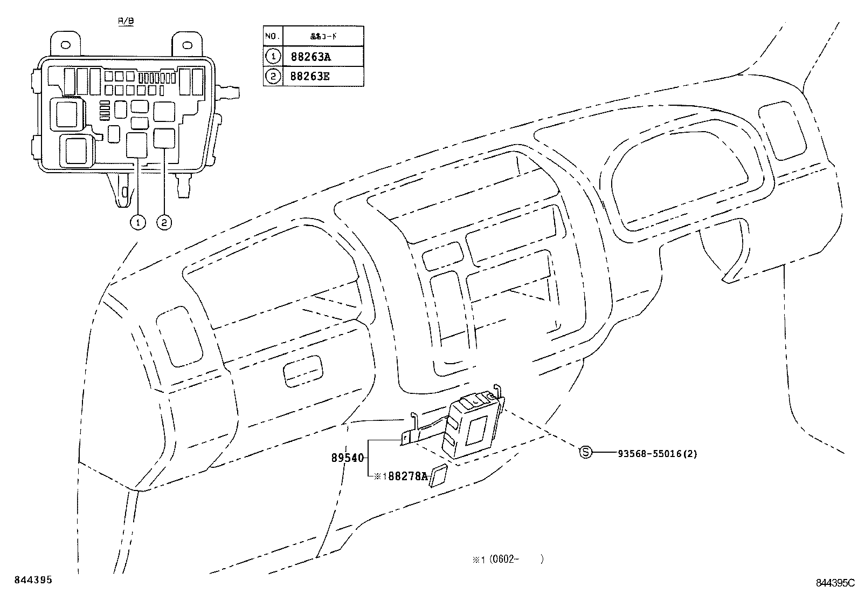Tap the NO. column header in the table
click(x=272, y=37)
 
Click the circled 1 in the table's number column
click(x=273, y=57)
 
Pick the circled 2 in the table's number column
click(x=273, y=76)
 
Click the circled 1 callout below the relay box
click(x=139, y=222)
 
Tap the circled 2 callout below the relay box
click(x=164, y=222)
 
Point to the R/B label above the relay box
click(x=126, y=21)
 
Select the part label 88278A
click(x=408, y=476)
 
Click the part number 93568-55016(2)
click(x=657, y=454)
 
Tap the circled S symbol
click(x=585, y=453)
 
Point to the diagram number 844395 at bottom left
click(x=33, y=580)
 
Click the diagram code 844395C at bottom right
click(x=835, y=583)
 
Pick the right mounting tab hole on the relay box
click(x=189, y=45)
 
